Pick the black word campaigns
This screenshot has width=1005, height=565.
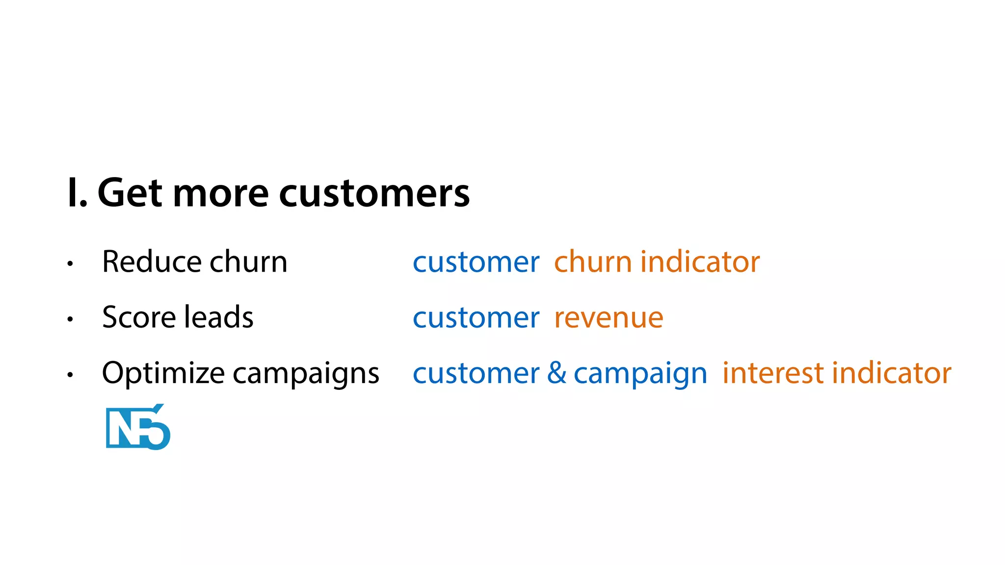point(306,374)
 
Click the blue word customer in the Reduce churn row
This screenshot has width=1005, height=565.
point(476,262)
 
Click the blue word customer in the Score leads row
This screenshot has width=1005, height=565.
point(476,318)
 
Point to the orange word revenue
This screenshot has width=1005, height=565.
point(608,318)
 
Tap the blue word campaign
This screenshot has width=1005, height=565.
point(640,374)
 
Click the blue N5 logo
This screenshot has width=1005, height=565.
point(138,427)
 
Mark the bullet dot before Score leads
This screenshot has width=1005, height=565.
point(70,319)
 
